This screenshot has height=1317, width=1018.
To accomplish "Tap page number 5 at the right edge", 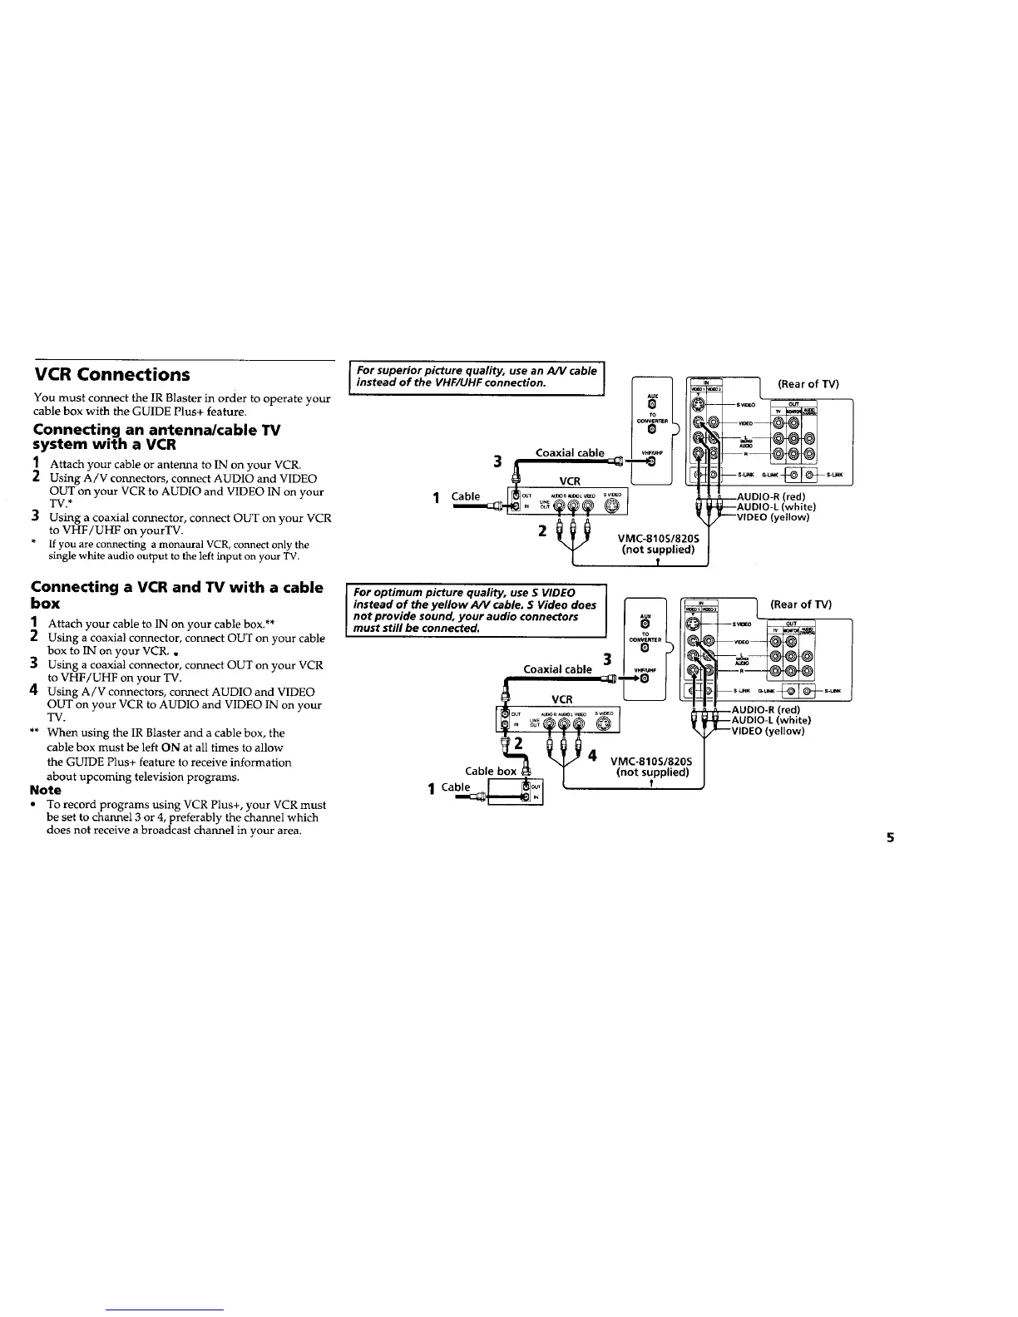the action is [x=888, y=837].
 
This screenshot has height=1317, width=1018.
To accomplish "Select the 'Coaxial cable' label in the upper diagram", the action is [x=570, y=453].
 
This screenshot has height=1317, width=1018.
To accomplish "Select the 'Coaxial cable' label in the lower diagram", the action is [x=557, y=669].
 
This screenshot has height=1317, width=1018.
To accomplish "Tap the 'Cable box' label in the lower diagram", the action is [x=490, y=771].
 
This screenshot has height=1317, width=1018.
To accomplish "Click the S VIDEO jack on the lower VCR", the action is [x=605, y=722].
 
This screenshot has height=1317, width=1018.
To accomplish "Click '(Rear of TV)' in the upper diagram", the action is [x=808, y=384].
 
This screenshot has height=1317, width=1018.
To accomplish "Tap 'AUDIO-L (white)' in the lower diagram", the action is [x=770, y=720].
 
